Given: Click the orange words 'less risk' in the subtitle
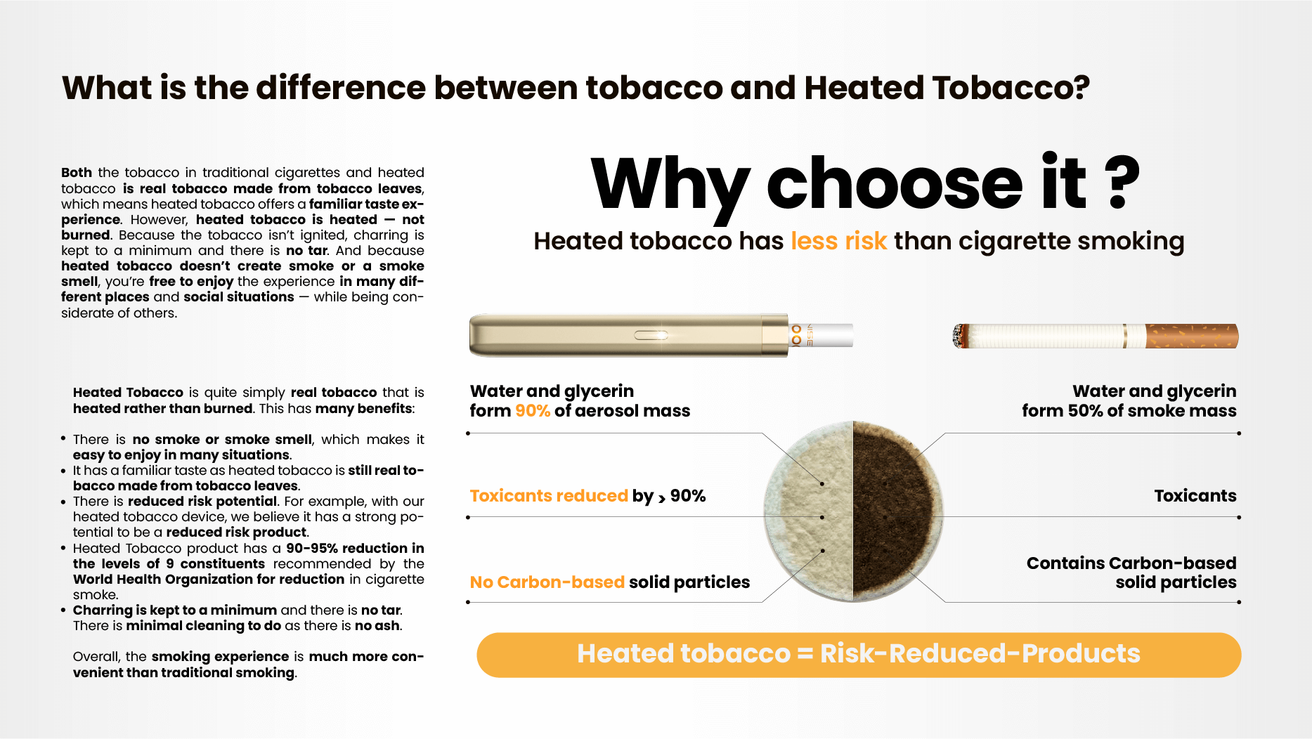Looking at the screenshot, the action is tap(838, 241).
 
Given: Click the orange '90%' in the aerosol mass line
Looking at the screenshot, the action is tap(533, 411).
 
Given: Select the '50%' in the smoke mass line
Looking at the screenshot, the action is tap(1085, 411).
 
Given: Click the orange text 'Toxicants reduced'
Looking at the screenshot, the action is tap(549, 496).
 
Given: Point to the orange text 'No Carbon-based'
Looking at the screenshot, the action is tap(547, 582).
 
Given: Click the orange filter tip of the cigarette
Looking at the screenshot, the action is tap(1192, 336).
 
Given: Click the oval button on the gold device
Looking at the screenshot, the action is tap(651, 335).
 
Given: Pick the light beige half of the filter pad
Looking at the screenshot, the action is tap(808, 511).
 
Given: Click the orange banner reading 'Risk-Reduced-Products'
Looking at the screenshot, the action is tap(859, 655).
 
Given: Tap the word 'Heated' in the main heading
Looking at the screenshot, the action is tap(864, 88).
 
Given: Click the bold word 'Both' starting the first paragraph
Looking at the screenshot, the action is tap(77, 173).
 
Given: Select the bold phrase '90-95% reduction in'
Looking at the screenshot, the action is tap(355, 549).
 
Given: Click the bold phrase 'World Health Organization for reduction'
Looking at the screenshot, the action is tap(209, 580).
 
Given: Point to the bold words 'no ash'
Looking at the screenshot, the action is tap(377, 626).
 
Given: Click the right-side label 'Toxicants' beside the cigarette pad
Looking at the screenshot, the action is tap(1195, 496).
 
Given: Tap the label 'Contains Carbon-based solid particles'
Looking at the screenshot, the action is tap(1131, 573).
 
